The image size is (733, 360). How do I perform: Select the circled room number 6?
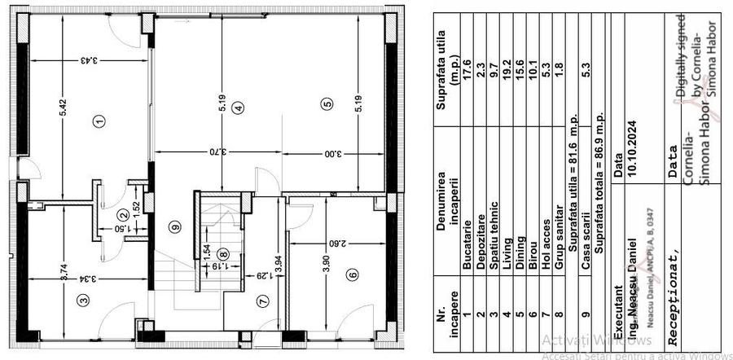(353, 274)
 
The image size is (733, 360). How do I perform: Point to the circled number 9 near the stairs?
(173, 227)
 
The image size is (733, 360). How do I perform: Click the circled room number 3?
(82, 299)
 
